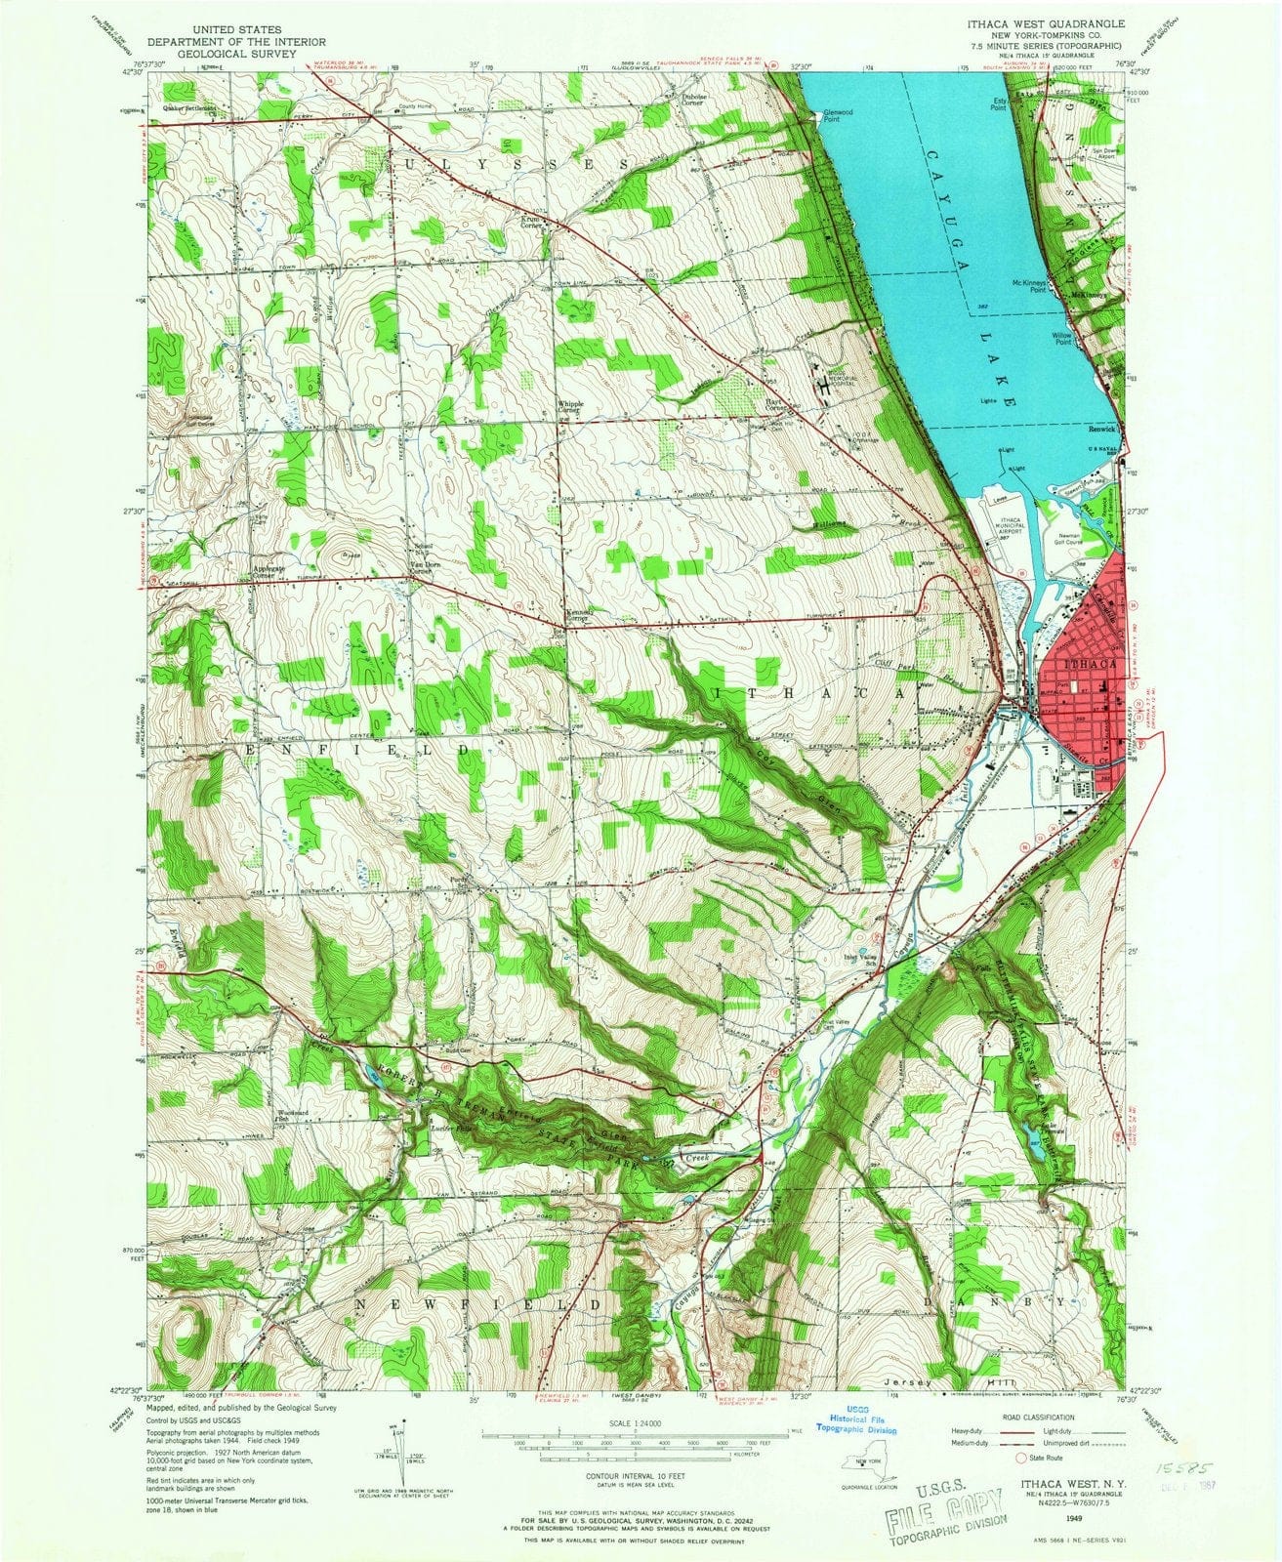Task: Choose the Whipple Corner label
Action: (569, 406)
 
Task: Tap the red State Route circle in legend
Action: (1023, 1459)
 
